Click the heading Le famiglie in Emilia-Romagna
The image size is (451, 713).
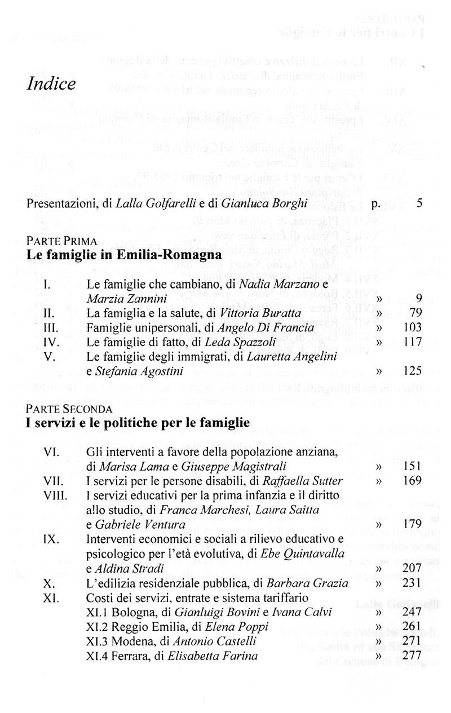[124, 255]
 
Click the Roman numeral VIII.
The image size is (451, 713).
[55, 496]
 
